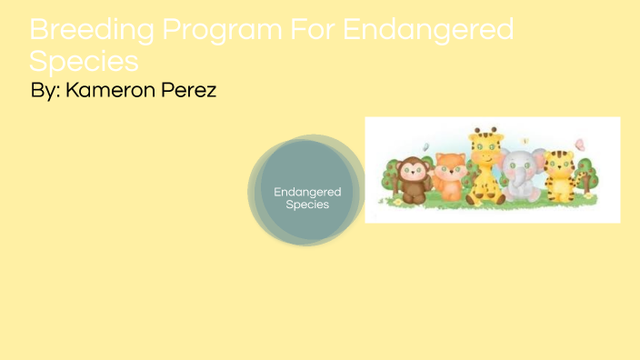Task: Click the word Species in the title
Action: pyautogui.click(x=84, y=62)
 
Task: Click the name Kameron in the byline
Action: pyautogui.click(x=113, y=91)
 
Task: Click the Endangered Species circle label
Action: pyautogui.click(x=307, y=197)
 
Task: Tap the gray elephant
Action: pyautogui.click(x=521, y=175)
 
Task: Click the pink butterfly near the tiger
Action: pyautogui.click(x=580, y=144)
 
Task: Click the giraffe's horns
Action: pyautogui.click(x=485, y=132)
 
